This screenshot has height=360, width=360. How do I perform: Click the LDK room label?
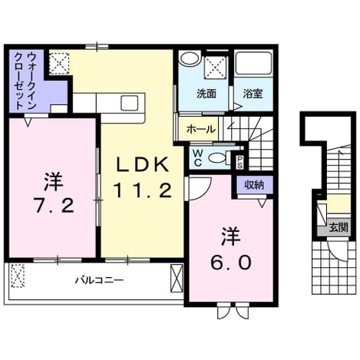pyautogui.click(x=143, y=164)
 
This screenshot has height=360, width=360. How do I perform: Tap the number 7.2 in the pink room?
pyautogui.click(x=54, y=206)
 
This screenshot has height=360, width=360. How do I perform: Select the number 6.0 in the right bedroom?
pyautogui.click(x=231, y=263)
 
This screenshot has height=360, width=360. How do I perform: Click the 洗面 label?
pyautogui.click(x=206, y=94)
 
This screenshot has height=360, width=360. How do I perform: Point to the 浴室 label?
pyautogui.click(x=253, y=94)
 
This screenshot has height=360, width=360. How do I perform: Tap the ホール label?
pyautogui.click(x=201, y=130)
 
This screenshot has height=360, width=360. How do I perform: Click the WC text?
pyautogui.click(x=198, y=158)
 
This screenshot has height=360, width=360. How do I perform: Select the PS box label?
pyautogui.click(x=239, y=162)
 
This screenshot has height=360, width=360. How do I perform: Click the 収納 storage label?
pyautogui.click(x=254, y=185)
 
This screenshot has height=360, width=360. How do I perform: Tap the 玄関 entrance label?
pyautogui.click(x=339, y=227)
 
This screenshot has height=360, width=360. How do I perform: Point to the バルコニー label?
pyautogui.click(x=99, y=280)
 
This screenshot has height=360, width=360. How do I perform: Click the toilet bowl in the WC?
pyautogui.click(x=216, y=157)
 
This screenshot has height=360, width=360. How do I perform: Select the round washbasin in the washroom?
pyautogui.click(x=190, y=58)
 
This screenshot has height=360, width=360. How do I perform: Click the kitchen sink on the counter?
pyautogui.click(x=130, y=103)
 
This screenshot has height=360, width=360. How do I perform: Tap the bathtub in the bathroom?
pyautogui.click(x=253, y=64)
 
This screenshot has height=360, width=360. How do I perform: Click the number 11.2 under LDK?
pyautogui.click(x=143, y=190)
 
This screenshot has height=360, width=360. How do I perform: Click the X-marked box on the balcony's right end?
pyautogui.click(x=177, y=279)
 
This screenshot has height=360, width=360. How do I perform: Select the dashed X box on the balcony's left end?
pyautogui.click(x=18, y=276)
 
